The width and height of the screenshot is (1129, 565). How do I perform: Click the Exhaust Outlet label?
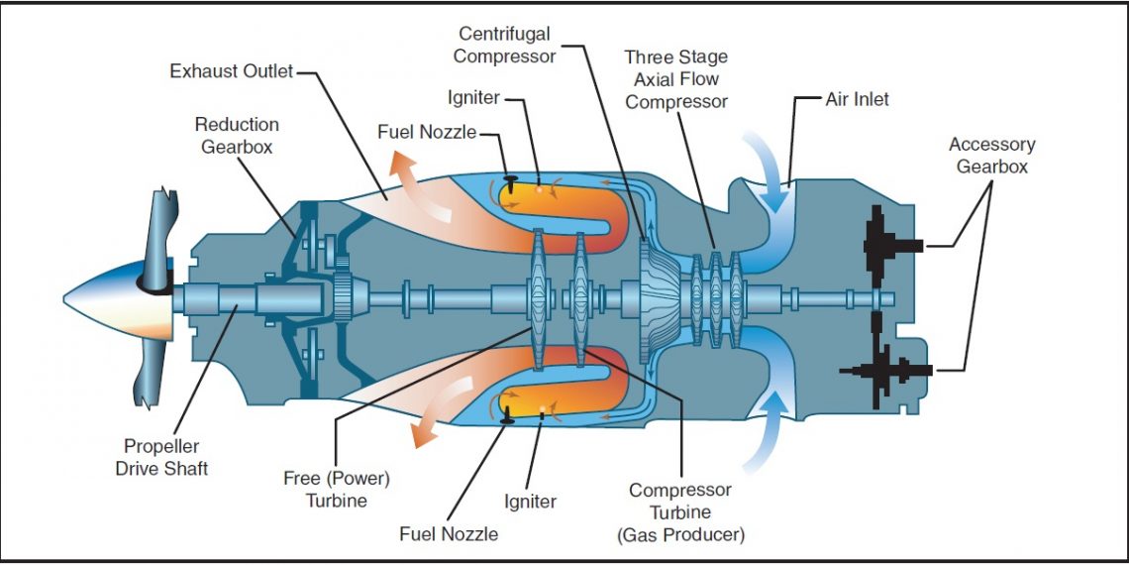pyautogui.click(x=232, y=71)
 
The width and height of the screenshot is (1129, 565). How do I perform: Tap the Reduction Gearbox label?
pyautogui.click(x=237, y=136)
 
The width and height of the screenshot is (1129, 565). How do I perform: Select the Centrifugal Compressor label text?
pyautogui.click(x=505, y=44)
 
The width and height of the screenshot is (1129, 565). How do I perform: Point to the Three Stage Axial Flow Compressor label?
pyautogui.click(x=676, y=79)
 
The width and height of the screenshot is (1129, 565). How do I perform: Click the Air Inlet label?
pyautogui.click(x=858, y=99)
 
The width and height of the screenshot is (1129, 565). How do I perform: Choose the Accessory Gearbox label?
pyautogui.click(x=991, y=156)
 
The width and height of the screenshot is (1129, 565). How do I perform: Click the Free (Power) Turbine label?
pyautogui.click(x=337, y=490)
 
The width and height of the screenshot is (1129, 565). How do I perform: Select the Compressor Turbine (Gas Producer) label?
pyautogui.click(x=680, y=512)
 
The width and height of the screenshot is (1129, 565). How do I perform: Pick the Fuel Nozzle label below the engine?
pyautogui.click(x=449, y=534)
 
